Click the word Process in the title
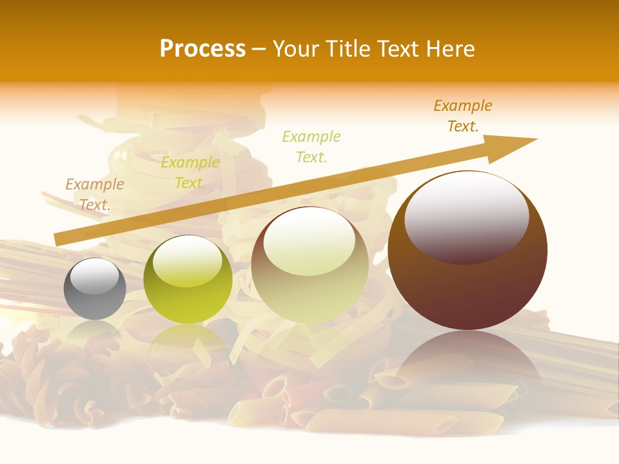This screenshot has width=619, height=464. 202,49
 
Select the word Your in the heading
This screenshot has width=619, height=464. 293,49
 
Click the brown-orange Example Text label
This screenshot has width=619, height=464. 463,116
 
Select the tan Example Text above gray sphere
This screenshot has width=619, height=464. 95,195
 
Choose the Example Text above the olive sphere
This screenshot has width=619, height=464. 190,173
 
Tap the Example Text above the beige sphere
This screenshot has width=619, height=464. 311,146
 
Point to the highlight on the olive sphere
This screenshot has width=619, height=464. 188,259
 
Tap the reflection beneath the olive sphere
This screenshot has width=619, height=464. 188,338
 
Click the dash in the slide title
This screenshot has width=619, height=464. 259,49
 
